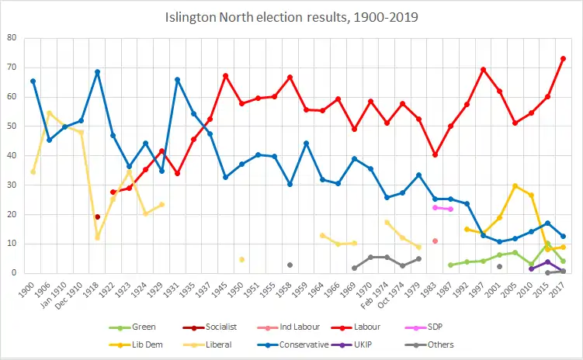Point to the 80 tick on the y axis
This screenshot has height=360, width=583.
(x=13, y=38)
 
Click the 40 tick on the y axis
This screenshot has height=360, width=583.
(x=13, y=155)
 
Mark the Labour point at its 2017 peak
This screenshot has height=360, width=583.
(x=563, y=58)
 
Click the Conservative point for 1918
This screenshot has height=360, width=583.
(x=97, y=72)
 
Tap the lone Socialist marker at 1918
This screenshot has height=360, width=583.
(x=97, y=216)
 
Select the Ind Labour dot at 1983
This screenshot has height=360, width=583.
(x=435, y=241)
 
